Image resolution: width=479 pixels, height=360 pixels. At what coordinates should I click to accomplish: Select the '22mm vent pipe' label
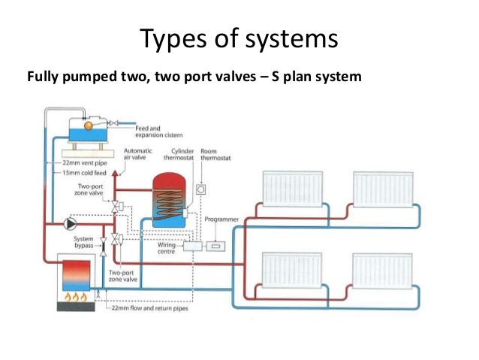pos(77,163)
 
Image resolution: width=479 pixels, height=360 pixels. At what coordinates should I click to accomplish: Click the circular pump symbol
pos(71,223)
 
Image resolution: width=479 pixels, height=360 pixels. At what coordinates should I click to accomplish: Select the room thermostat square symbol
pos(200,189)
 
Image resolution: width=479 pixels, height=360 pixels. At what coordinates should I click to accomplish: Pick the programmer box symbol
pos(216,245)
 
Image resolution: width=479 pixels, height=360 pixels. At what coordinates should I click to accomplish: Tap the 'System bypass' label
pos(83,243)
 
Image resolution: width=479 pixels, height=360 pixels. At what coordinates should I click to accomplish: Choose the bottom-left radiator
pos(291,270)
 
